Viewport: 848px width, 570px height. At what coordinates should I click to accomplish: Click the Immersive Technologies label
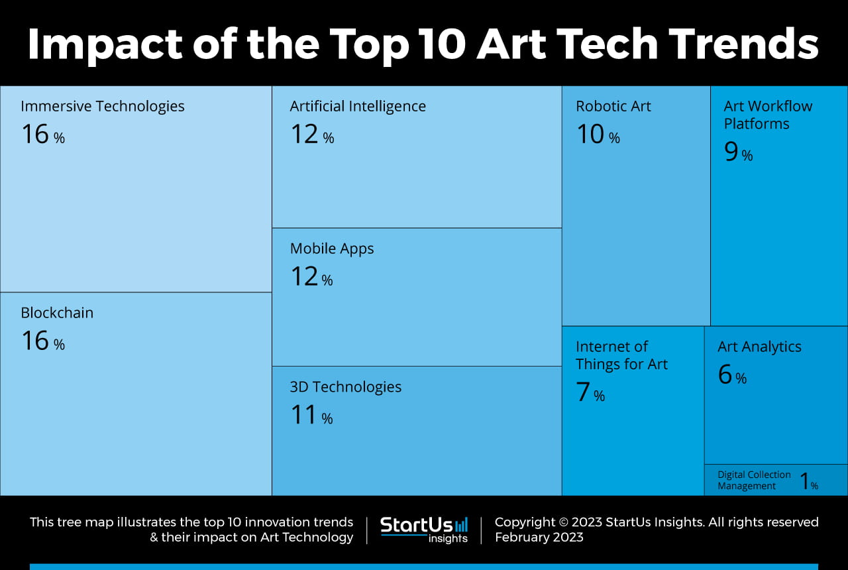click(103, 106)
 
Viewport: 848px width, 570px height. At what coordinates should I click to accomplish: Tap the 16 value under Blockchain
click(42, 341)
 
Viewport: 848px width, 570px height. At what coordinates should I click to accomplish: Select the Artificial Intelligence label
click(358, 106)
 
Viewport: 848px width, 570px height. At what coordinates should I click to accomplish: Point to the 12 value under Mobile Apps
click(311, 277)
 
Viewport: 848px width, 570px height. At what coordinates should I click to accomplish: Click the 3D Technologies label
click(345, 387)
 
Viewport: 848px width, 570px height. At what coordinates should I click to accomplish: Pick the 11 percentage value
click(311, 415)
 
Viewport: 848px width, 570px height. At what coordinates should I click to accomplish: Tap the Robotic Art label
click(613, 106)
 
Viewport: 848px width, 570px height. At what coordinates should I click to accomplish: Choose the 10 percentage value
click(598, 135)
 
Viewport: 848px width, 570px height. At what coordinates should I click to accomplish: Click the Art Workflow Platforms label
click(767, 115)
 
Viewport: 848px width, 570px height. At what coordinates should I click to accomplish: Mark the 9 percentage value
click(738, 152)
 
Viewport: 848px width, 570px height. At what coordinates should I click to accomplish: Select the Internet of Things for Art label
click(621, 355)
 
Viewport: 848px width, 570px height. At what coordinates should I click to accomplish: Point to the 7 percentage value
click(590, 392)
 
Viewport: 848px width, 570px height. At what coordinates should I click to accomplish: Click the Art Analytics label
click(759, 347)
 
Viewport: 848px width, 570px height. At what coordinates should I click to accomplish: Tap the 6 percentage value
click(731, 375)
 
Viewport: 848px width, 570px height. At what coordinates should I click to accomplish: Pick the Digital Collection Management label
click(754, 481)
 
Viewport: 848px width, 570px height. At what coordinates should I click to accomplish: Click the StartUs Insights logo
click(424, 530)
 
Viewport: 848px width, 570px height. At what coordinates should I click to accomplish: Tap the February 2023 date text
click(539, 538)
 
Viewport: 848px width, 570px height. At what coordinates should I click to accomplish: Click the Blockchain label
click(57, 313)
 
